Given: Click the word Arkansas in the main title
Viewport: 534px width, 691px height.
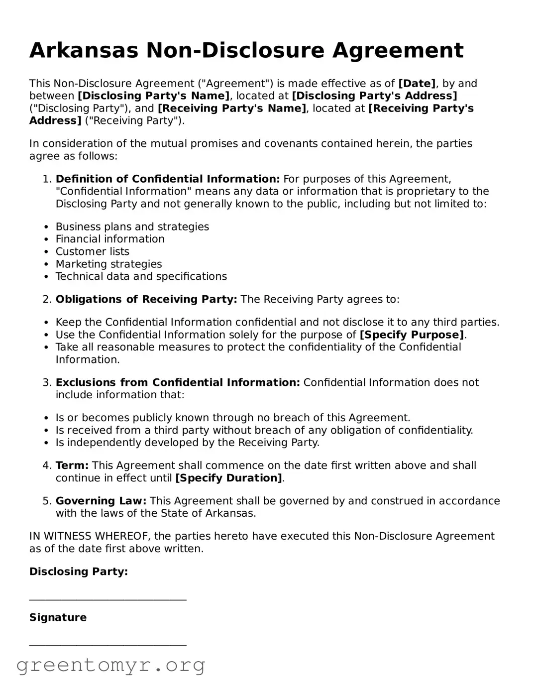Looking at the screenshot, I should [84, 51].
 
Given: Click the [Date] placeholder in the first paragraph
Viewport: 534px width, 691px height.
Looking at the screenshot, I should [417, 84].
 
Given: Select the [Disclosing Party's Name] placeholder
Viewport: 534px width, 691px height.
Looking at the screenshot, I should [154, 96].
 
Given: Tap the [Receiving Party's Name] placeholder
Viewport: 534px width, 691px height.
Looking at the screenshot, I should [232, 108].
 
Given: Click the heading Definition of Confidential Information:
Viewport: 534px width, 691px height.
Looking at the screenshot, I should [168, 179].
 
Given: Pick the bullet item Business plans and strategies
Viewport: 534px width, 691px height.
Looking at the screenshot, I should [132, 227].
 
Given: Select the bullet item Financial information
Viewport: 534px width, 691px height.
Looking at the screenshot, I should [110, 239].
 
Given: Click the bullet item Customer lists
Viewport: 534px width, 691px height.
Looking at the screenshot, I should [92, 251].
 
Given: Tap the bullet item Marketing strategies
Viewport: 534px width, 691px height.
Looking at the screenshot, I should [108, 264].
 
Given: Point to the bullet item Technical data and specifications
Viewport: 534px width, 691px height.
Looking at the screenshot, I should [141, 276].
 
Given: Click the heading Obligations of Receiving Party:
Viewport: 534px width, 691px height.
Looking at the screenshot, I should [146, 299].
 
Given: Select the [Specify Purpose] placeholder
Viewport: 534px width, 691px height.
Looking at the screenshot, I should [412, 335].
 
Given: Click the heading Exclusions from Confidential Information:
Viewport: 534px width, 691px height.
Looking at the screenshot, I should [178, 382].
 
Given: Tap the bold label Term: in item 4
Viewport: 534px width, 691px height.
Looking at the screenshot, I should [72, 465].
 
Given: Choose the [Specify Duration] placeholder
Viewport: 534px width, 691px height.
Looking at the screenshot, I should [228, 478].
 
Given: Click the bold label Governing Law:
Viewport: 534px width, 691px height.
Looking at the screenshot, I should [101, 501].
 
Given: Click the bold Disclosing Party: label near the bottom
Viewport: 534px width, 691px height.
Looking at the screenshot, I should [79, 572].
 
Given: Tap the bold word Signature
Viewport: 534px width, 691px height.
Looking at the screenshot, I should [58, 617].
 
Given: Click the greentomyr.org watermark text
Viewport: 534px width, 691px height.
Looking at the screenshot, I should [111, 665].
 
